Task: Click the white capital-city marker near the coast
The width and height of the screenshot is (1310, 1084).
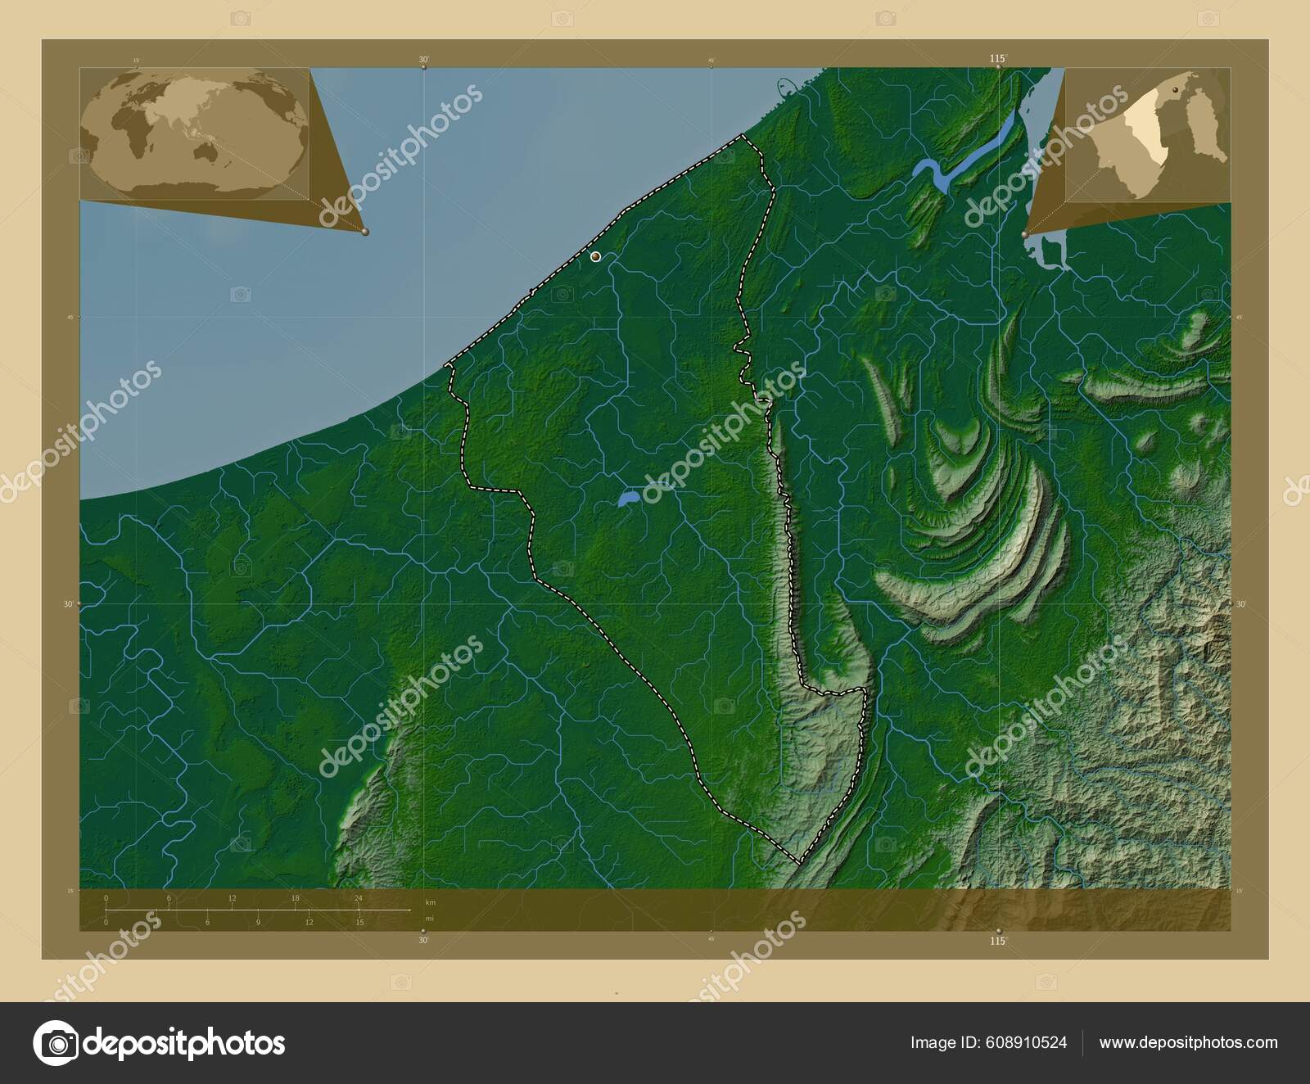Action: [x=595, y=257]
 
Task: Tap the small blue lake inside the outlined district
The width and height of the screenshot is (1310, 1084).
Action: [x=628, y=497]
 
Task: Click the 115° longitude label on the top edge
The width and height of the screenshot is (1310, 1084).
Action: [x=996, y=58]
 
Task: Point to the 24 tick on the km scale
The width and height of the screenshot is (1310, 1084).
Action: [x=359, y=898]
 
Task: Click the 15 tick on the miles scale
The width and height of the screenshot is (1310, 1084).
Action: [x=359, y=923]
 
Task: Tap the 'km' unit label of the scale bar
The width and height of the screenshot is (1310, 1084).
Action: [x=431, y=901]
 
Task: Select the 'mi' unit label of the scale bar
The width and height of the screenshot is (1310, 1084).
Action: [x=431, y=918]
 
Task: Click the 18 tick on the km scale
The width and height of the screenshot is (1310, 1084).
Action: [x=295, y=898]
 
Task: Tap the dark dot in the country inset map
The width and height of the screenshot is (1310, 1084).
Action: [x=1175, y=88]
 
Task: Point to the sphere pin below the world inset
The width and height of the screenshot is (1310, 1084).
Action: [x=365, y=233]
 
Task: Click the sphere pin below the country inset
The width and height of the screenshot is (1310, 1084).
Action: [x=1026, y=235]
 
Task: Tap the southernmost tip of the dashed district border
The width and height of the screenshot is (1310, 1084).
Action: [x=798, y=862]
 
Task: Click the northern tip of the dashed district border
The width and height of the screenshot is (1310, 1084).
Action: [x=743, y=135]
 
